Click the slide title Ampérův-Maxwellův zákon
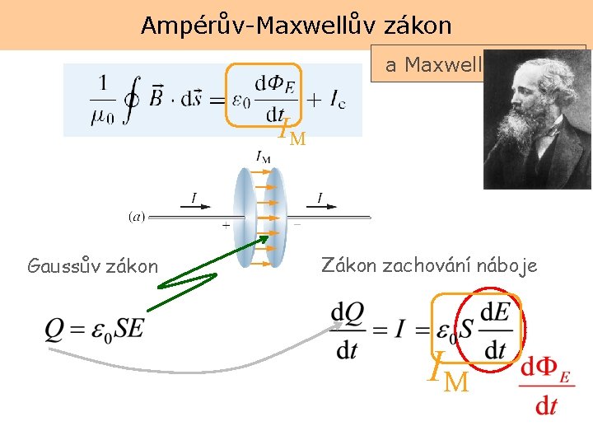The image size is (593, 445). [x=296, y=26]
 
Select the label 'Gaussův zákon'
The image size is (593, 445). [x=92, y=266]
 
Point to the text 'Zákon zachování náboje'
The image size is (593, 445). [x=429, y=265]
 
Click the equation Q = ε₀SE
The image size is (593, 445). [x=95, y=329]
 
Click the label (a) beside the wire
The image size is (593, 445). [x=137, y=218]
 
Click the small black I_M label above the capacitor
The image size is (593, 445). [x=264, y=156]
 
